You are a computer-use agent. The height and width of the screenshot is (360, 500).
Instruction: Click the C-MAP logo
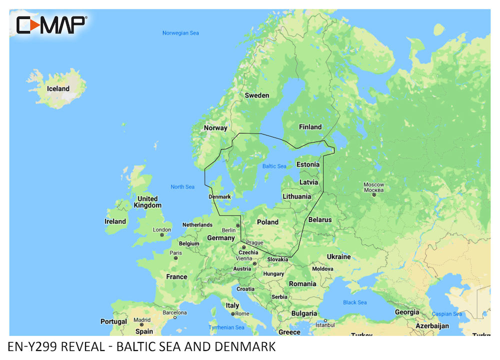point(52,24)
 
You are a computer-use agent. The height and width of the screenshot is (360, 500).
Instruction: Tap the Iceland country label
point(58,88)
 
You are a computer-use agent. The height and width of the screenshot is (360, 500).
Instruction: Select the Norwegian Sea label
point(180,33)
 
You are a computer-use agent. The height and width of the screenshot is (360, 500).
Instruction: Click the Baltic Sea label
point(274,166)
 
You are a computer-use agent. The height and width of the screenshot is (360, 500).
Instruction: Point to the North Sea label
point(182,186)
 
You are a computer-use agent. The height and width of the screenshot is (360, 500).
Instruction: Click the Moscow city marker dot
point(373,195)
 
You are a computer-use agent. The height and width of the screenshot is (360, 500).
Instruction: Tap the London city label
point(161,230)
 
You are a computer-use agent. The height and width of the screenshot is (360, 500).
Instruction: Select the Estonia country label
point(307,164)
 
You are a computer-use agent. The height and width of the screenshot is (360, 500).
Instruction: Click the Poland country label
point(267,221)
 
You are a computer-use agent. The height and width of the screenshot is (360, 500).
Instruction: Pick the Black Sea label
point(354,302)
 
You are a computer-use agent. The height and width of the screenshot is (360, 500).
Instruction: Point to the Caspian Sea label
point(447,314)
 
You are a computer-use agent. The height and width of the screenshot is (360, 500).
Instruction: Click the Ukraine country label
point(338,256)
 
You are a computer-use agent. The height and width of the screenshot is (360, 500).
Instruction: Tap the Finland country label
point(310,126)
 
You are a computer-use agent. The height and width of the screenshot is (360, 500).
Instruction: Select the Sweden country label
point(256,95)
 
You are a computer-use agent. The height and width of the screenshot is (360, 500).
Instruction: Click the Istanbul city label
point(324,325)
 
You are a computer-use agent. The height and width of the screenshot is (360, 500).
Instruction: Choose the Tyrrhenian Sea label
point(226,327)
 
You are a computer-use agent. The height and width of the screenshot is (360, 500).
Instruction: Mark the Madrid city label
point(141,320)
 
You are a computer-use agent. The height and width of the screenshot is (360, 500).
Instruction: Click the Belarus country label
point(320,219)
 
